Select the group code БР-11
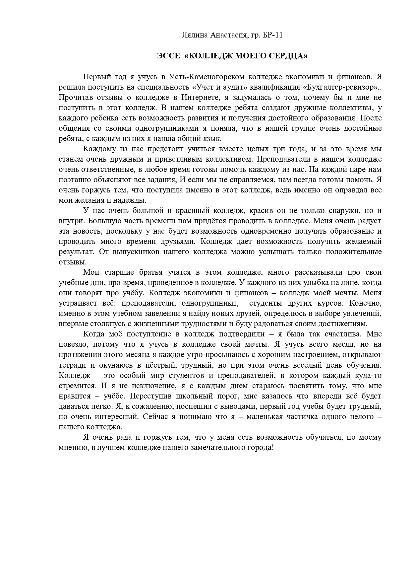(x=273, y=35)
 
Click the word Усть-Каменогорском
(x=207, y=77)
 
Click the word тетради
(x=71, y=365)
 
